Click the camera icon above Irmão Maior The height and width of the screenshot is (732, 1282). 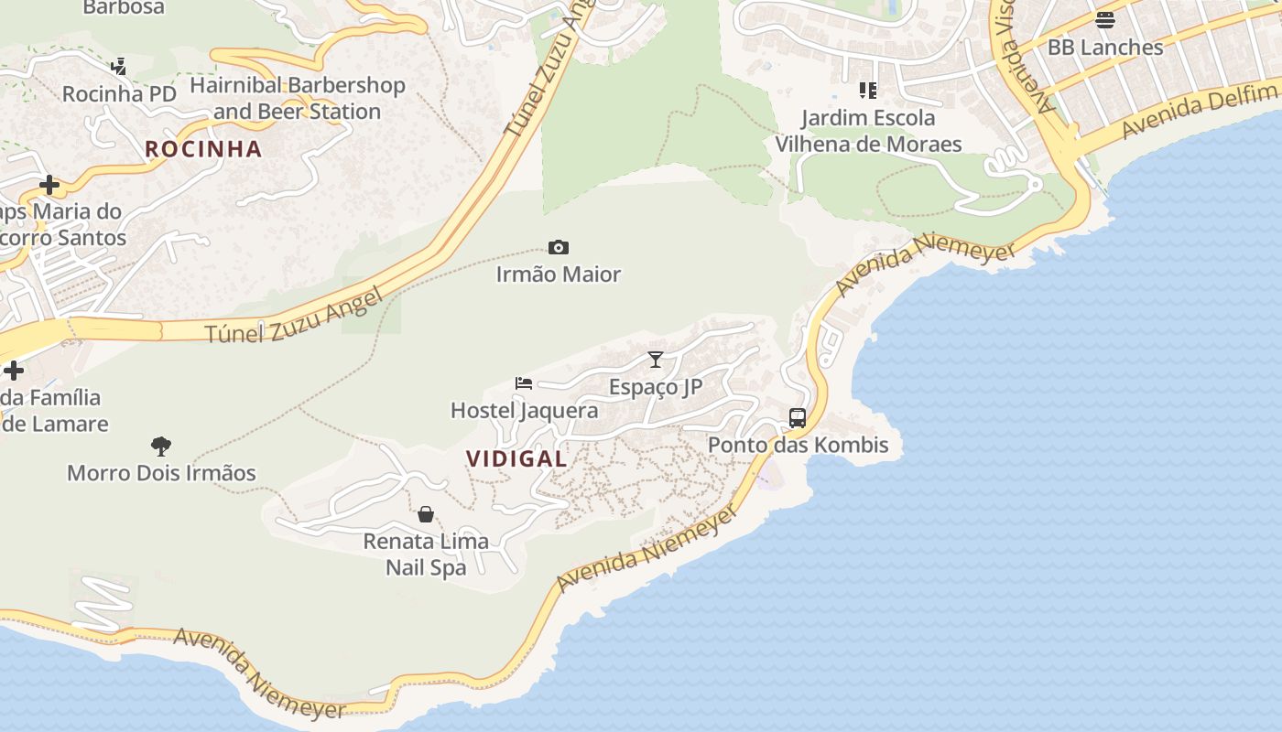(x=558, y=247)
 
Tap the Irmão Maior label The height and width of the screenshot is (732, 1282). (x=558, y=274)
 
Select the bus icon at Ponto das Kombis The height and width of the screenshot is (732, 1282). (x=798, y=418)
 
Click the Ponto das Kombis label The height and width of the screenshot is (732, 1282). (x=798, y=445)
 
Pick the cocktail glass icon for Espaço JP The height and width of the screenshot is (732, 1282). (x=656, y=360)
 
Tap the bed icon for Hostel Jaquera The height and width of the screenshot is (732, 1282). (x=524, y=383)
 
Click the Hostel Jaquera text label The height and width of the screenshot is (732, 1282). (x=524, y=410)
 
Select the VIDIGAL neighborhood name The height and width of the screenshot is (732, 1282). (x=516, y=458)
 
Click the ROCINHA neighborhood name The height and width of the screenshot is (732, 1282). (x=203, y=148)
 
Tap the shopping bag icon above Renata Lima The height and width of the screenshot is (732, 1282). (x=426, y=514)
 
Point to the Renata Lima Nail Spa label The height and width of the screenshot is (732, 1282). (x=426, y=554)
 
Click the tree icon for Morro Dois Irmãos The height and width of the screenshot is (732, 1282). (x=161, y=447)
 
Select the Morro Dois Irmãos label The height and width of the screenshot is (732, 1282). (x=161, y=473)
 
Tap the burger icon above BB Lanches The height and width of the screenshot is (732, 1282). (x=1105, y=20)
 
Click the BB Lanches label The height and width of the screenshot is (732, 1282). (x=1105, y=47)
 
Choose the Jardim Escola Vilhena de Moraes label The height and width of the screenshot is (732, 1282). (x=868, y=131)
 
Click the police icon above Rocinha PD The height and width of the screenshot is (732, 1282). (x=118, y=67)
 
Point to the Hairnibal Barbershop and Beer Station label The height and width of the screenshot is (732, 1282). (x=297, y=98)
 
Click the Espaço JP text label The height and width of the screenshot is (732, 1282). (x=656, y=386)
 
